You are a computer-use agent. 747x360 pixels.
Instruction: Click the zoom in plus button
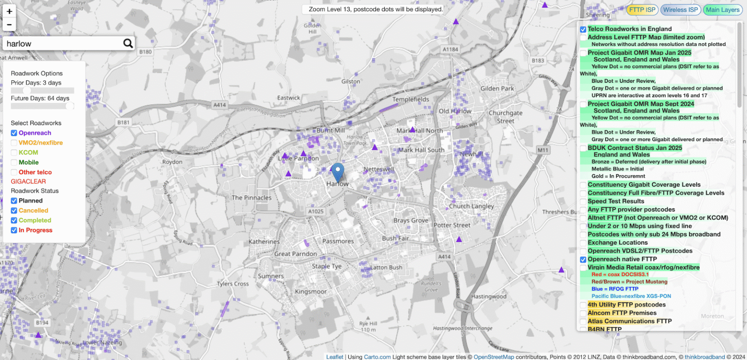pos(9,11)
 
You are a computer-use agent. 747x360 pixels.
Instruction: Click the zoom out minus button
pos(9,24)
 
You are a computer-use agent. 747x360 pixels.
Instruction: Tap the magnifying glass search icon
pos(128,43)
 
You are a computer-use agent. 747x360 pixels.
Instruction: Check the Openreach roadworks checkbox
pos(14,133)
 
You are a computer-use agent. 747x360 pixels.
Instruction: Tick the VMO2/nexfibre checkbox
pos(14,143)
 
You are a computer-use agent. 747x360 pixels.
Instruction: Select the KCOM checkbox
pos(14,152)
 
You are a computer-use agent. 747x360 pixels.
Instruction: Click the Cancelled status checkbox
pos(14,211)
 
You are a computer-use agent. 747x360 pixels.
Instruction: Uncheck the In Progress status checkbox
pos(14,230)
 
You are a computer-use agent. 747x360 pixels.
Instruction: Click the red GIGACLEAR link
pos(28,181)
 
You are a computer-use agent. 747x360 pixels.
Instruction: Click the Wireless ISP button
pos(680,10)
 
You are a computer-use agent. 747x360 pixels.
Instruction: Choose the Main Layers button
pos(722,10)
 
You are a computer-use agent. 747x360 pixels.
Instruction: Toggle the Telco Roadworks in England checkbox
pos(583,29)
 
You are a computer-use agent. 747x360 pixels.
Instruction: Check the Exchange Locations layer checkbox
pos(583,243)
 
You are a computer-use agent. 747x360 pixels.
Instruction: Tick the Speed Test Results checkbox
pos(583,201)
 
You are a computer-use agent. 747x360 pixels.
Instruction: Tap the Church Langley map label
pos(471,206)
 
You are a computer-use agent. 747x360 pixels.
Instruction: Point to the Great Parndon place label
pos(296,254)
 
